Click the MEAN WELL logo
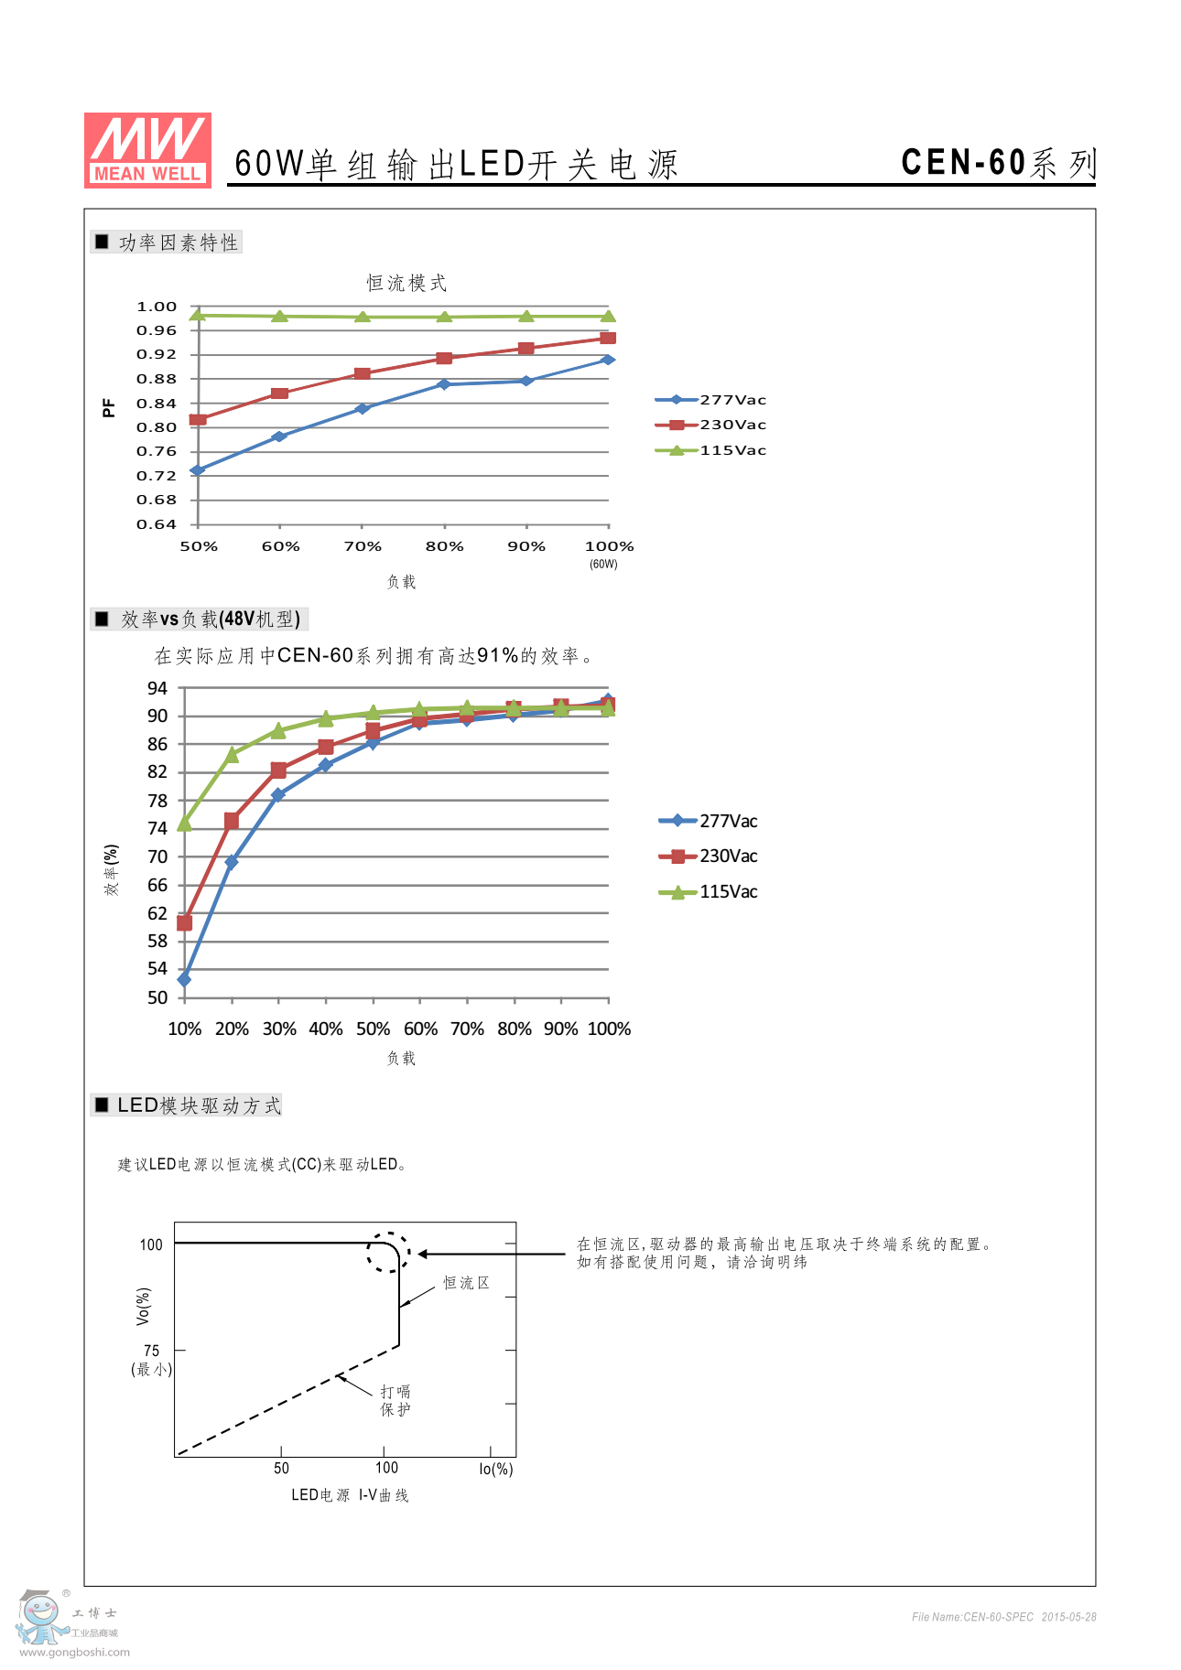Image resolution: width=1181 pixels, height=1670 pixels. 147,150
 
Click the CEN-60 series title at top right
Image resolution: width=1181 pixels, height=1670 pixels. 997,163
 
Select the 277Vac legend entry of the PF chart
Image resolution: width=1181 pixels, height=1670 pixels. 711,400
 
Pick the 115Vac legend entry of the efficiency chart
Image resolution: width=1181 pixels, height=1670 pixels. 709,892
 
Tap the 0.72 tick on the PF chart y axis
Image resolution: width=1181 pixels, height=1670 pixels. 157,476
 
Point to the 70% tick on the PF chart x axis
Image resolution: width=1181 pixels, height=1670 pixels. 363,546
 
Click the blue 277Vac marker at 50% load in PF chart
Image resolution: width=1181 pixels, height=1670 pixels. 198,470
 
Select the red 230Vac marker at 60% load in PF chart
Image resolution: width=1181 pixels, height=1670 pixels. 280,393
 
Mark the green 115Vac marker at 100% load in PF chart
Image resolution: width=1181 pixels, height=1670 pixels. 608,317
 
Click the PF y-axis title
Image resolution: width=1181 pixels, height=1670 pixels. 109,408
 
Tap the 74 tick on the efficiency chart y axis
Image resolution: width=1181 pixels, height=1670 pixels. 157,828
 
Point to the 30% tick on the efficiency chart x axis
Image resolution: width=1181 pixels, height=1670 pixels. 279,1029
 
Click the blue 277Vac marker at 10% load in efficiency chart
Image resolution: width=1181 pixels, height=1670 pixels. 184,979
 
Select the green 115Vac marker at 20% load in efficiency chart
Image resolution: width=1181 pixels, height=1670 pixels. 232,755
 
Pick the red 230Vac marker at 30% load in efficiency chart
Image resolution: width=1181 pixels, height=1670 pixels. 278,770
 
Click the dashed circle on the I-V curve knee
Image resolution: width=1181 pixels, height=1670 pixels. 388,1252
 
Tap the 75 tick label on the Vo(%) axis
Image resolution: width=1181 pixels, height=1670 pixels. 151,1351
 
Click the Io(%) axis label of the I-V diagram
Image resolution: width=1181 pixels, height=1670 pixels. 496,1469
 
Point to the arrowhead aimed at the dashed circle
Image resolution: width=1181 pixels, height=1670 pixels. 423,1254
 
